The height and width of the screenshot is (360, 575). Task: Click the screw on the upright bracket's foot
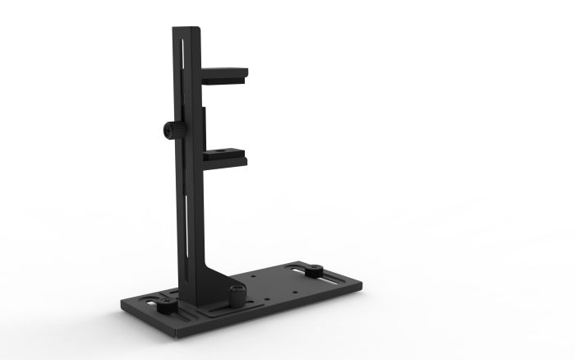pos(237,293)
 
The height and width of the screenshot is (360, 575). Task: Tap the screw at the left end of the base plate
pos(164,305)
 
